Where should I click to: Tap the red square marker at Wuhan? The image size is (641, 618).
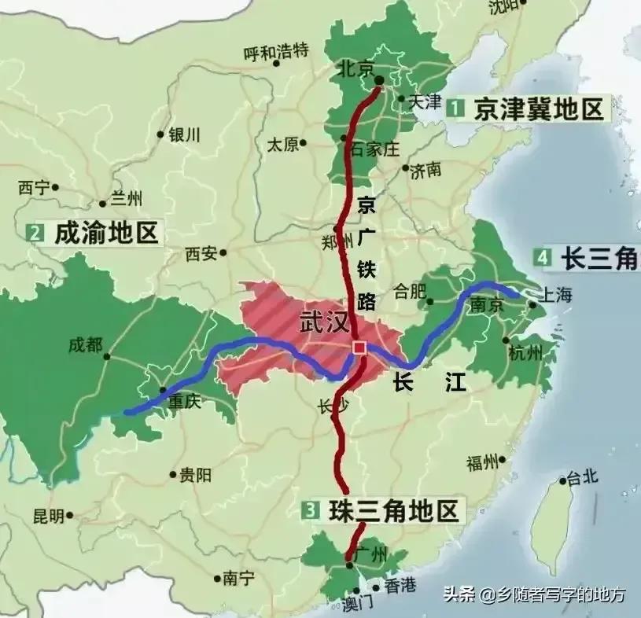point(359,347)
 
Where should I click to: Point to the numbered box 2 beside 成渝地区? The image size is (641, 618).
point(35,233)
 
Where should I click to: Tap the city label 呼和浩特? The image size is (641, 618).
point(275,53)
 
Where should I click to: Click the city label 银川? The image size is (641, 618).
point(185,134)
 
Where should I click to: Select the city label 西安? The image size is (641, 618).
point(201,253)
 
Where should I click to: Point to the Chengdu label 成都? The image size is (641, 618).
point(86,344)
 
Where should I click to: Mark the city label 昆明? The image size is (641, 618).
point(48,516)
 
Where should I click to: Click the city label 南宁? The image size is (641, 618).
point(241,578)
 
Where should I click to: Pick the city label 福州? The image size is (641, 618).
point(483,462)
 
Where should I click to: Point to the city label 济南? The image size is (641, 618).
point(425,169)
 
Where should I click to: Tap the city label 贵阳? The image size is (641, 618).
point(195,474)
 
